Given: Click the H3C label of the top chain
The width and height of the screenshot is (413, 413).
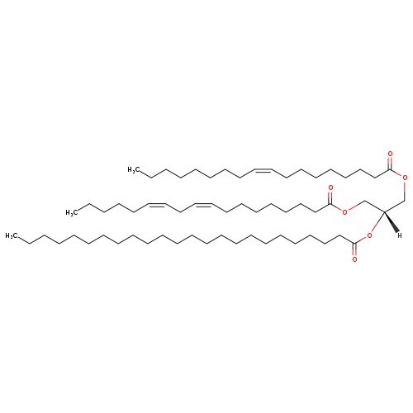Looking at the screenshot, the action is [x=133, y=170].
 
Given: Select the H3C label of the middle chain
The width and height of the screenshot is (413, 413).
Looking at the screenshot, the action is [x=71, y=212].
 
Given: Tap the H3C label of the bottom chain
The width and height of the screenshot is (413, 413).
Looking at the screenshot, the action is [x=11, y=235].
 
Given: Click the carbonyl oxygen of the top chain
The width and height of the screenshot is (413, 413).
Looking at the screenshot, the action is [x=390, y=154].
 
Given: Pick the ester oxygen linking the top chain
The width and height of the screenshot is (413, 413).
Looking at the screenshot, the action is [x=405, y=178].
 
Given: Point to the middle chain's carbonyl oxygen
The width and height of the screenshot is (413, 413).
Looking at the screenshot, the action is [x=330, y=188].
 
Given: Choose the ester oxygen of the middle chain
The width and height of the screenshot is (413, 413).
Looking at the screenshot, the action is [x=344, y=212].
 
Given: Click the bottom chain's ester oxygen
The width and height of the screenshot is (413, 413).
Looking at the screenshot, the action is [x=369, y=235].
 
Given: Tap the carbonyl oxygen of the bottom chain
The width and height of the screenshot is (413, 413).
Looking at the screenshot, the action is [x=354, y=259].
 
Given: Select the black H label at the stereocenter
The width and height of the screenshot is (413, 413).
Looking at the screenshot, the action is [x=400, y=235].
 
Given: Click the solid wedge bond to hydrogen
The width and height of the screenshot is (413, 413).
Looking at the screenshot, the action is [x=392, y=222].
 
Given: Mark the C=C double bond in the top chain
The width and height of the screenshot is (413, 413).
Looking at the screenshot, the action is [x=263, y=170].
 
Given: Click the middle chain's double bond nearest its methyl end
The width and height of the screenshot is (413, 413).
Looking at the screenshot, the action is [x=157, y=204].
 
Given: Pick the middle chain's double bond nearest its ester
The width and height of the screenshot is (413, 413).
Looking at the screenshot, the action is [x=203, y=204].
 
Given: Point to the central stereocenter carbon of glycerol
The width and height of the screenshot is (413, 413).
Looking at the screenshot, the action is [x=384, y=211].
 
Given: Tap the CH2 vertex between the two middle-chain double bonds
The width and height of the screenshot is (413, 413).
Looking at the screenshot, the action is [x=180, y=212].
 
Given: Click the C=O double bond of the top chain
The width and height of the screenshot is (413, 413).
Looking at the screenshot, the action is [x=389, y=163].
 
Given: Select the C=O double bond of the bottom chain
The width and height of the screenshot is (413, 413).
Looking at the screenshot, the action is [x=354, y=249].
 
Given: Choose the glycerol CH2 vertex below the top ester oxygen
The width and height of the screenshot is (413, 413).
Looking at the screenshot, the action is [x=405, y=200].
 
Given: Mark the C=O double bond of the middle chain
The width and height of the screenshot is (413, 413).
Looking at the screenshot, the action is [x=330, y=197].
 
